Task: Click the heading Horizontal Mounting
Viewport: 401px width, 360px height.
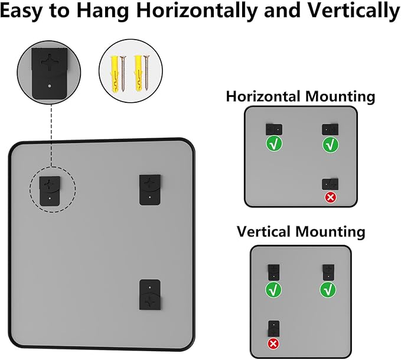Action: point(300,96)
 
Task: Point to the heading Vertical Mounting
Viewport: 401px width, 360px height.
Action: point(301,231)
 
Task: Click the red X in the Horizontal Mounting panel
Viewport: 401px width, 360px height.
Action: point(330,197)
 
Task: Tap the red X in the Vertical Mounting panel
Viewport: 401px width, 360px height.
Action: point(273,343)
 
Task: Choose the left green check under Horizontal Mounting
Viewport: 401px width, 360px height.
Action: point(273,143)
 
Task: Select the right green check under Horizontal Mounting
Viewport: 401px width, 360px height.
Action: point(330,144)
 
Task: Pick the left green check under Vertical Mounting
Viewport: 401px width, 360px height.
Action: point(273,290)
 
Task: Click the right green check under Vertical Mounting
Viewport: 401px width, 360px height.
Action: point(328,290)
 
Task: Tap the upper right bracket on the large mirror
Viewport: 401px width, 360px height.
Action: point(149,189)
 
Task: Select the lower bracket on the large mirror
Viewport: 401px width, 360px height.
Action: point(151,295)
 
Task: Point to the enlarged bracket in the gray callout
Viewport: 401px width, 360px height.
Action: point(50,70)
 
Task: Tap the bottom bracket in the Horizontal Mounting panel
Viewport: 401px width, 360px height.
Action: point(329,183)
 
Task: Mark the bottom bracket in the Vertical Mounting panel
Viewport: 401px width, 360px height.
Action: point(273,328)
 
